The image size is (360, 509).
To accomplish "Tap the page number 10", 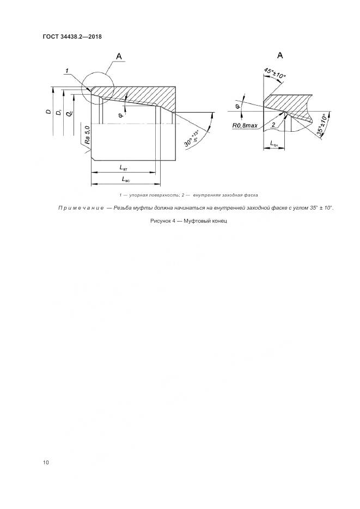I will pos(46,463).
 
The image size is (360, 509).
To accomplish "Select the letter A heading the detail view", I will pos(279,55).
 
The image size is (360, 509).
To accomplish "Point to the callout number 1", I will pos(66,70).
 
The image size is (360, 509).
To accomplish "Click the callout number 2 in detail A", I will pos(273,125).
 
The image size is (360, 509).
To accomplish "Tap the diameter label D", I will pos(47,112).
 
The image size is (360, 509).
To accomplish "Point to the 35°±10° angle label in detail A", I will pos(321,128).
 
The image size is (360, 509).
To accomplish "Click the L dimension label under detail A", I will pos(274,144).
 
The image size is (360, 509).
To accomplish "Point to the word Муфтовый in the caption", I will pos(199,222).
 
